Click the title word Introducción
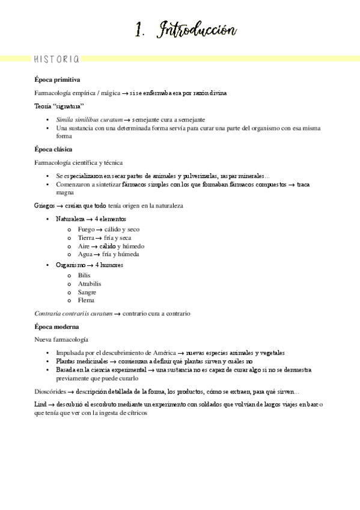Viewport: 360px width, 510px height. pyautogui.click(x=197, y=31)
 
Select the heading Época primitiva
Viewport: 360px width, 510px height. pyautogui.click(x=58, y=79)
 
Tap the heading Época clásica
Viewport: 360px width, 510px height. pyautogui.click(x=54, y=149)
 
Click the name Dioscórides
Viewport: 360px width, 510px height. pyautogui.click(x=53, y=392)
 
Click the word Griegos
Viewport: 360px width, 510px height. pyautogui.click(x=46, y=206)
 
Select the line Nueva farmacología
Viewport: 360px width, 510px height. pyautogui.click(x=61, y=340)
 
